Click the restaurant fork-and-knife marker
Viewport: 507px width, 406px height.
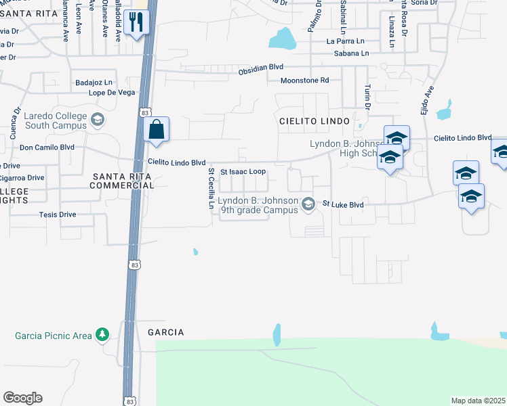point(137,23)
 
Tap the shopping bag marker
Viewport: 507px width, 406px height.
point(156,129)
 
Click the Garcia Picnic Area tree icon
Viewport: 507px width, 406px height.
point(102,335)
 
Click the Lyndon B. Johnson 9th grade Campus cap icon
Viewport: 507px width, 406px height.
point(308,204)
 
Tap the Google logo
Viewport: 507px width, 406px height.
point(22,398)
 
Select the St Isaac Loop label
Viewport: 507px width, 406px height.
point(243,172)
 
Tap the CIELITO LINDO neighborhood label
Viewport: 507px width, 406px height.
point(314,120)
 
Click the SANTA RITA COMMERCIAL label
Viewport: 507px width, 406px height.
point(123,180)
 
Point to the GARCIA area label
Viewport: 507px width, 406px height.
point(165,332)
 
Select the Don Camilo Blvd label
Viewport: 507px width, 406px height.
point(47,147)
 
